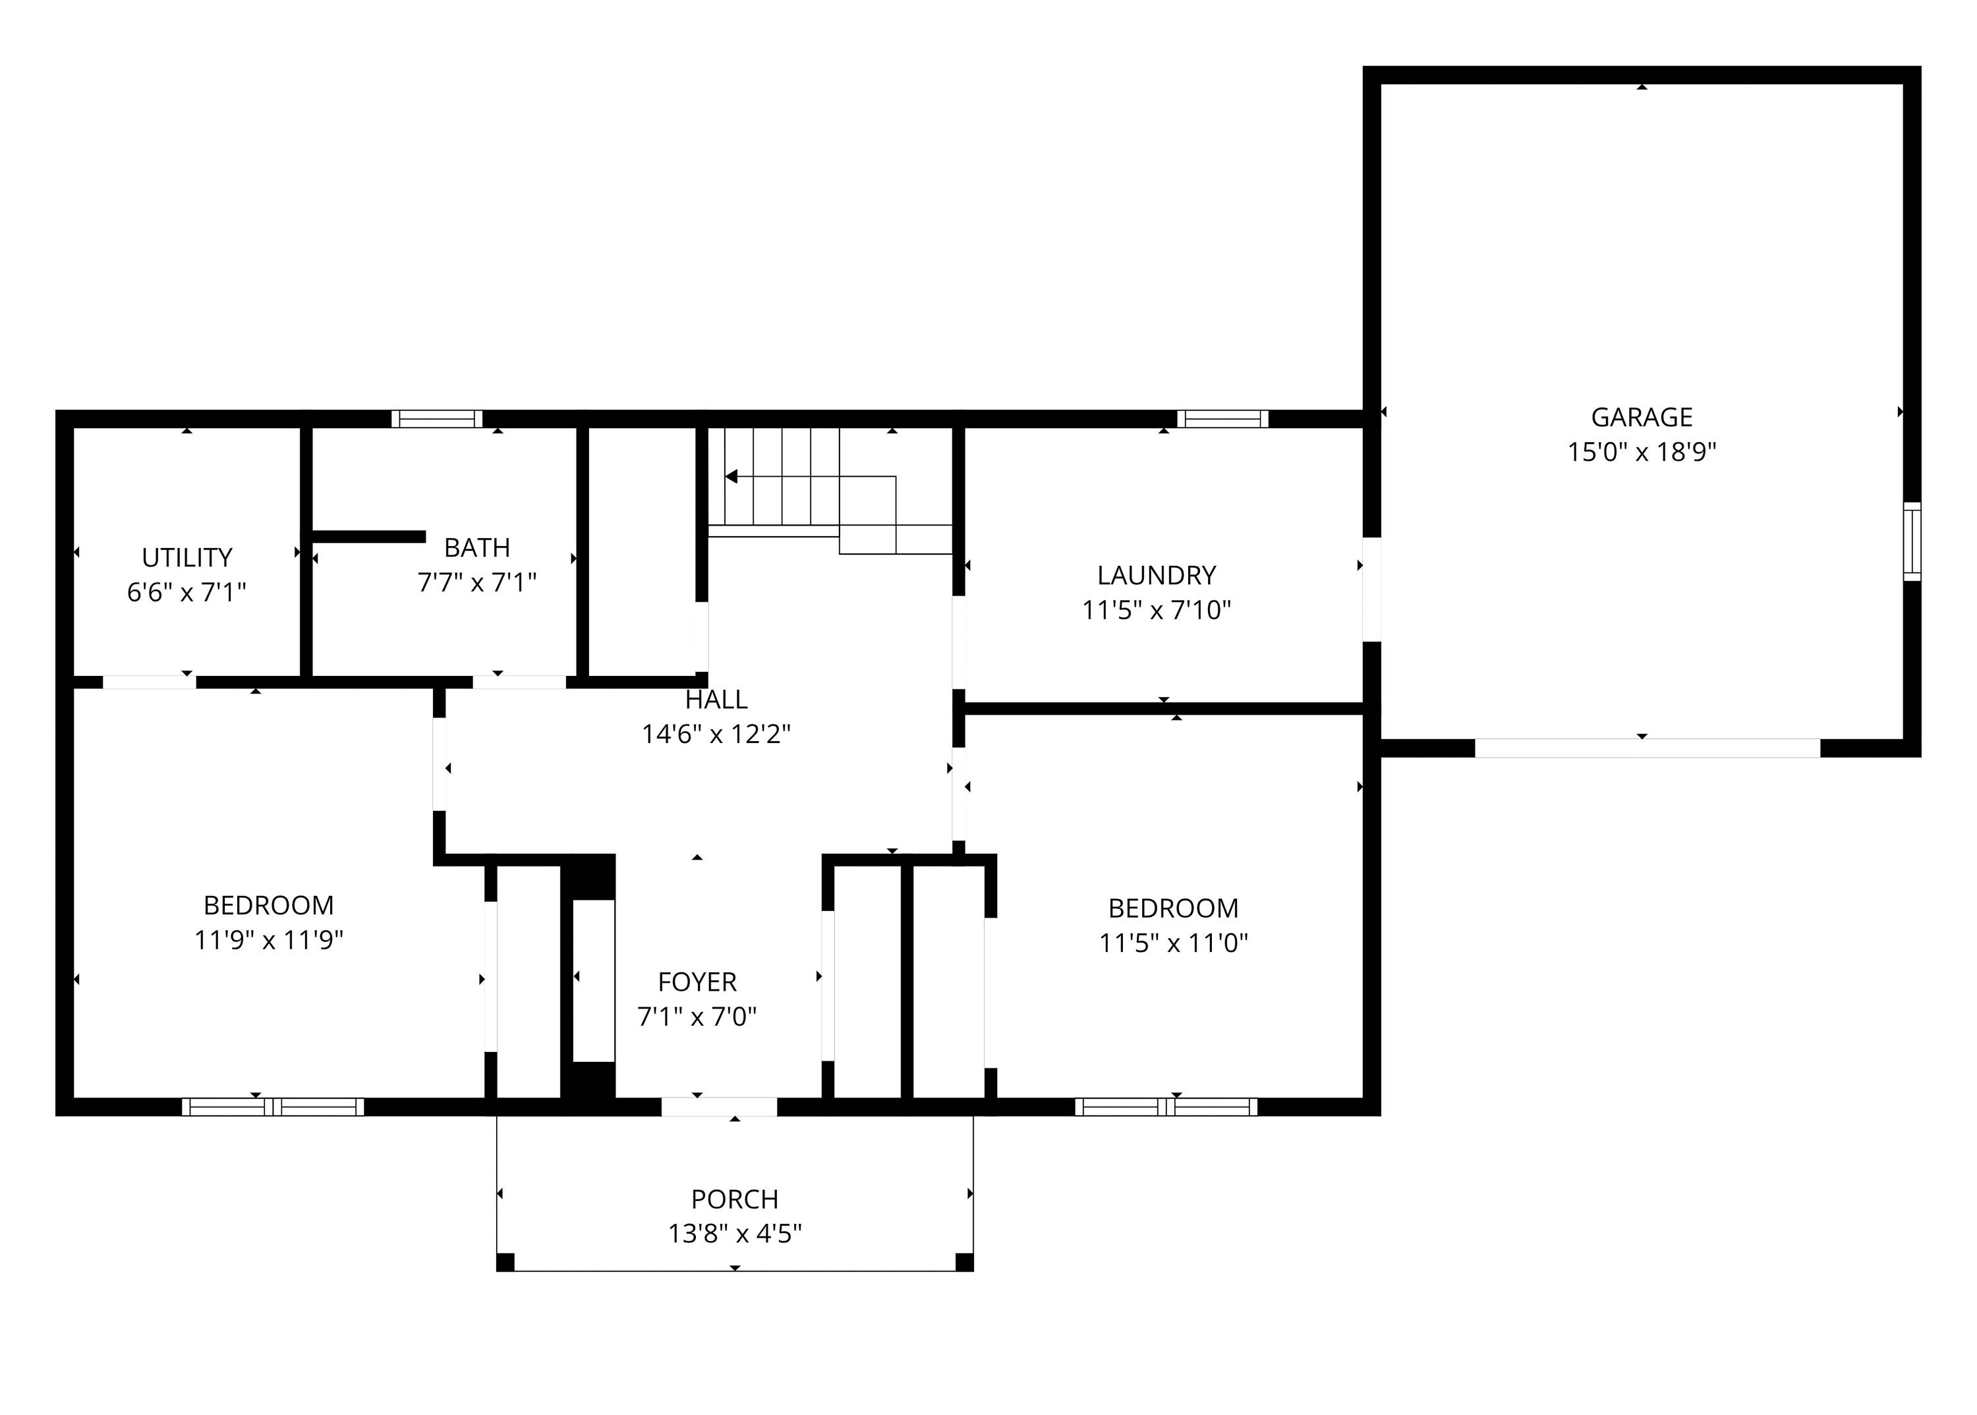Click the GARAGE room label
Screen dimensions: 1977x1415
coord(1642,418)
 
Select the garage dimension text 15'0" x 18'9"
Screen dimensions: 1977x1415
coord(1642,452)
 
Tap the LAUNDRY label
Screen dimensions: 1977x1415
coord(1156,575)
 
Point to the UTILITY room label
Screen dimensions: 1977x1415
coord(186,558)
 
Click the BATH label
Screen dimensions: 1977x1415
coord(477,547)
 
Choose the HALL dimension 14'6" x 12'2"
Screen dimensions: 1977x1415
coord(716,735)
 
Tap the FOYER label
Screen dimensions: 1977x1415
coord(697,982)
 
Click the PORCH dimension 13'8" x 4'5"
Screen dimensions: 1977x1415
coord(735,1234)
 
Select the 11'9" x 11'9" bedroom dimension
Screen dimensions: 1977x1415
coord(268,940)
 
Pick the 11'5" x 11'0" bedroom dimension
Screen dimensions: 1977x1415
coord(1173,943)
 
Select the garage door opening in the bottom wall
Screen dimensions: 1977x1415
coord(1647,748)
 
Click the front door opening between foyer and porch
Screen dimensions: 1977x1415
coord(718,1107)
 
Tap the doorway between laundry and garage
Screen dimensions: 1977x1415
coord(1371,589)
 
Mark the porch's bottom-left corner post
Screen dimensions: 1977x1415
coord(505,1262)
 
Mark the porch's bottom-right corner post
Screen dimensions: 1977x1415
coord(964,1262)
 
